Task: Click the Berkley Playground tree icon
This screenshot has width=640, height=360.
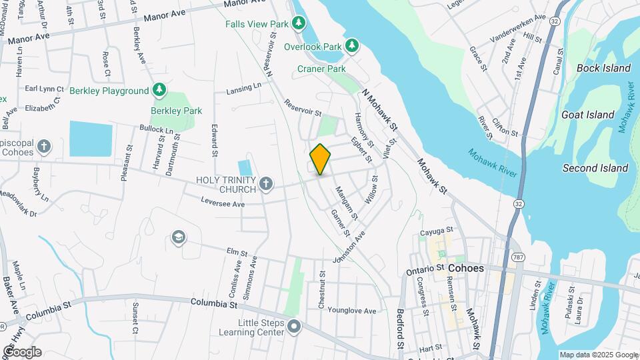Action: pyautogui.click(x=159, y=90)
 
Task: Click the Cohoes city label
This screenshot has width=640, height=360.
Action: pyautogui.click(x=466, y=268)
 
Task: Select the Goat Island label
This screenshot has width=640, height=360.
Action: pyautogui.click(x=587, y=115)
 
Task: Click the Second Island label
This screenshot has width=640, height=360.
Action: pyautogui.click(x=595, y=168)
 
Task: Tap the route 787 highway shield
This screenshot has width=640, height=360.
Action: pyautogui.click(x=518, y=257)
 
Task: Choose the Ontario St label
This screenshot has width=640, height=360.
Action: pyautogui.click(x=425, y=268)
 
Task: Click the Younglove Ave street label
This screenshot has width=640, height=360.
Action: pyautogui.click(x=352, y=311)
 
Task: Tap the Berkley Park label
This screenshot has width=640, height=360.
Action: pyautogui.click(x=176, y=111)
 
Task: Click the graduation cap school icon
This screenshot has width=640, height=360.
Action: pyautogui.click(x=178, y=237)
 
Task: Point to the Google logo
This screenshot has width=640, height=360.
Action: pyautogui.click(x=21, y=352)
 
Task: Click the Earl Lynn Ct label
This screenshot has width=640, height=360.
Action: pyautogui.click(x=44, y=89)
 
